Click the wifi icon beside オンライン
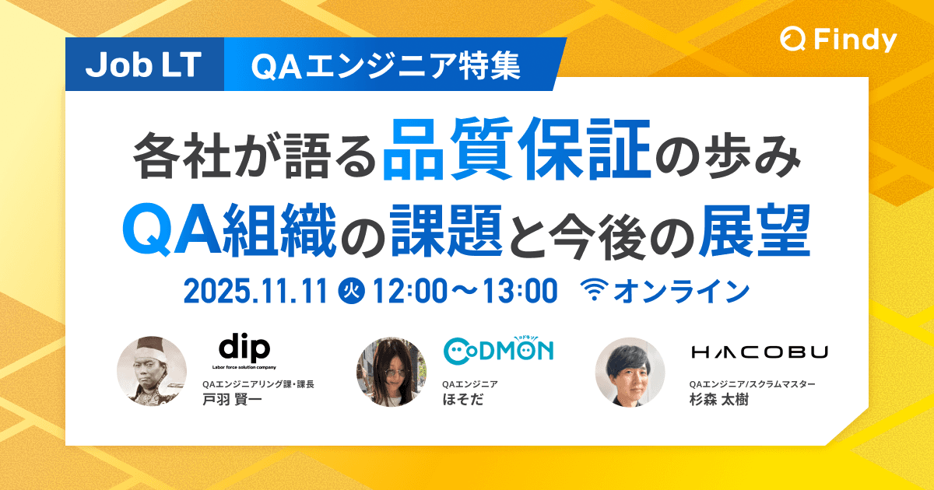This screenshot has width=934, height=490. point(595,291)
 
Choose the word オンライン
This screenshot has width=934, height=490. point(681,291)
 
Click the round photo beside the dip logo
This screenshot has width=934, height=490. point(152,372)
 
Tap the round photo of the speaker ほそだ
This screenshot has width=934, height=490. point(392,372)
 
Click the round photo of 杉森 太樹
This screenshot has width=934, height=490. point(630,372)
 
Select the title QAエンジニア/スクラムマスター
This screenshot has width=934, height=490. point(752,384)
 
